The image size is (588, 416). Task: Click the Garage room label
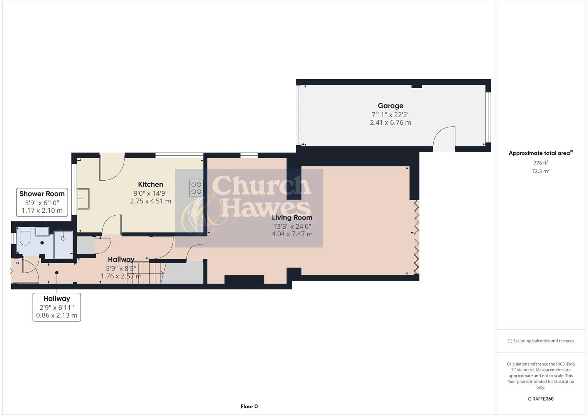390,106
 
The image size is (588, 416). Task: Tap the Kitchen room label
151,184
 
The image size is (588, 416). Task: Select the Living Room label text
292,217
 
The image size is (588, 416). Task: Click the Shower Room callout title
42,194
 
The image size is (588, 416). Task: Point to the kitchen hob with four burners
196,188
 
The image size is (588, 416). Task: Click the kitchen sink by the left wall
83,198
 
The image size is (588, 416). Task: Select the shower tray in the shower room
63,244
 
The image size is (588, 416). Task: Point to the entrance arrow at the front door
10,271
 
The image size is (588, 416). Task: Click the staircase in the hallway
145,273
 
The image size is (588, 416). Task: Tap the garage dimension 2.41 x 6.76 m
390,122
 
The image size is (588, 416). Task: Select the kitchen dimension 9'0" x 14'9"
151,193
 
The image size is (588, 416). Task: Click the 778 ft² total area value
541,163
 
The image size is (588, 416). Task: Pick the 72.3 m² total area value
541,171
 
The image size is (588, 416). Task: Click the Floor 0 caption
249,406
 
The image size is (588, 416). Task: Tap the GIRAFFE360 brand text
541,399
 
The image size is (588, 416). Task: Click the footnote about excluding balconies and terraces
541,341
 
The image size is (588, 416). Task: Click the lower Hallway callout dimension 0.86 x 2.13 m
57,315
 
